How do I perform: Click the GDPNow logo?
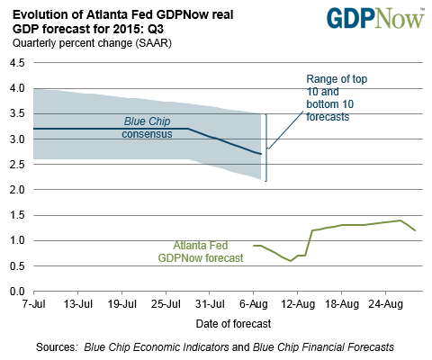click(375, 19)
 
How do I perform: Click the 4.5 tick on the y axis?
click(17, 63)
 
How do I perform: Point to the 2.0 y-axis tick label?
click(17, 190)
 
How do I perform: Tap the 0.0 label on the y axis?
click(17, 291)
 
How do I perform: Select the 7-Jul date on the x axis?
click(33, 304)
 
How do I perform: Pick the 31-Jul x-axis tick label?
click(210, 304)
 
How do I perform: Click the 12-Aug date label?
click(298, 304)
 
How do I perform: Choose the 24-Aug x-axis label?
click(386, 304)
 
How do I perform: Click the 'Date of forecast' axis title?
click(233, 324)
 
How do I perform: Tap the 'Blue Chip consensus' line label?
click(147, 128)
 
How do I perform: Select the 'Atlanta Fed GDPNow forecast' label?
click(201, 252)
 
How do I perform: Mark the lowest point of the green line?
click(291, 261)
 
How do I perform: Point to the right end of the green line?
click(415, 230)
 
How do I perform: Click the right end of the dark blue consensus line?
click(261, 154)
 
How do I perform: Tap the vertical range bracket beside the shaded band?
click(266, 148)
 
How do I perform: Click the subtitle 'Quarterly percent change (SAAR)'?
click(92, 43)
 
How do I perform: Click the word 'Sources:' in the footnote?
click(57, 347)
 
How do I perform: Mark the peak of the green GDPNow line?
click(400, 220)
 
